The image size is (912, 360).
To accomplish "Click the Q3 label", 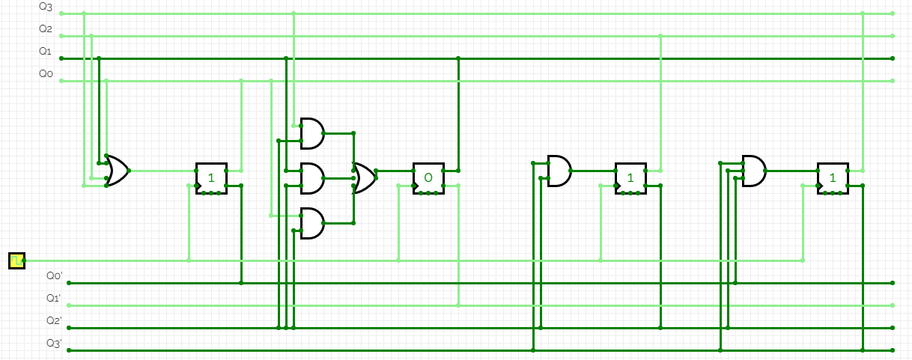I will click(x=46, y=7).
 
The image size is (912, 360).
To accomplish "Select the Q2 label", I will click(x=46, y=29).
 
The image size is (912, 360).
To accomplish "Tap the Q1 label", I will click(x=46, y=52).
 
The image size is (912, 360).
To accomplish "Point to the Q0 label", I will click(x=46, y=74).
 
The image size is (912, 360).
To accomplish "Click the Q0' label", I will click(x=54, y=276).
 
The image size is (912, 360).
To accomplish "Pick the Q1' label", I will click(x=54, y=299).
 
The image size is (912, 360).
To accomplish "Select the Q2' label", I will click(x=54, y=321).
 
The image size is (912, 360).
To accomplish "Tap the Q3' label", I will click(x=54, y=344).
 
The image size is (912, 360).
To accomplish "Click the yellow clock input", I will click(x=16, y=260).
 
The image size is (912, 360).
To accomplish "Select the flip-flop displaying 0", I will click(x=428, y=178).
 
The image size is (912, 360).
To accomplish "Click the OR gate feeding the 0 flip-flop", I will click(x=365, y=178).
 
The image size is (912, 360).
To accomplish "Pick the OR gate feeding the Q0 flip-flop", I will click(x=117, y=171).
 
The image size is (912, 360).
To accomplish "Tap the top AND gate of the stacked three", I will click(x=311, y=133).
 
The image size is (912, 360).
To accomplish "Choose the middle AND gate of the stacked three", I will click(x=311, y=178).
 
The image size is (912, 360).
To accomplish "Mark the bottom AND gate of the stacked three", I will click(x=311, y=223).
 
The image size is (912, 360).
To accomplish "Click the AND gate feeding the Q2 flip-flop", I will click(x=559, y=171).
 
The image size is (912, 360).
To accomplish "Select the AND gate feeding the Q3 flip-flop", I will click(x=753, y=171).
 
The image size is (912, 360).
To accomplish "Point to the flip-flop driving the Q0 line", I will click(x=211, y=178).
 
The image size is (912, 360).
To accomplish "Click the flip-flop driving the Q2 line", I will click(x=630, y=178).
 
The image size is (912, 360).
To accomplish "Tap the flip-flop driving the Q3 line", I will click(x=833, y=178).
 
